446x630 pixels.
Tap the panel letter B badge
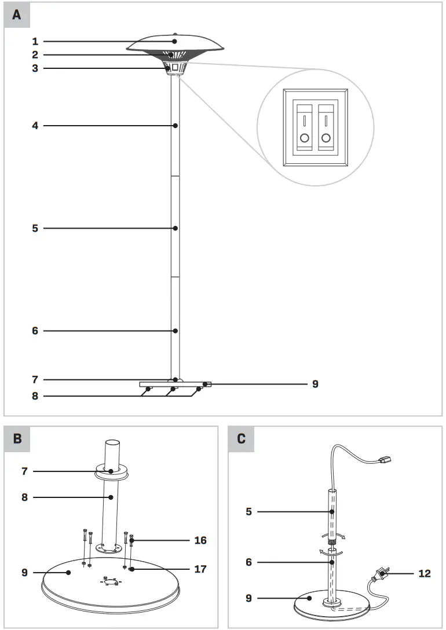[17, 438]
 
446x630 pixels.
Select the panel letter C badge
[241, 438]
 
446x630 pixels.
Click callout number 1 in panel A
[35, 41]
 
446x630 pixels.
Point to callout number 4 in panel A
[35, 126]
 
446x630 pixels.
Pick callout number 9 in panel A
[315, 383]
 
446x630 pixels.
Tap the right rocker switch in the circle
[327, 128]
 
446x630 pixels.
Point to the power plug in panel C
[380, 574]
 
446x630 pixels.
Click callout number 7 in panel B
[24, 471]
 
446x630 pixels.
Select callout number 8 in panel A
[35, 397]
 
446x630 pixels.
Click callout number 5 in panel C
[248, 512]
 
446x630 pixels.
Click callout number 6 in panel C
[248, 562]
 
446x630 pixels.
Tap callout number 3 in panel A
[35, 68]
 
